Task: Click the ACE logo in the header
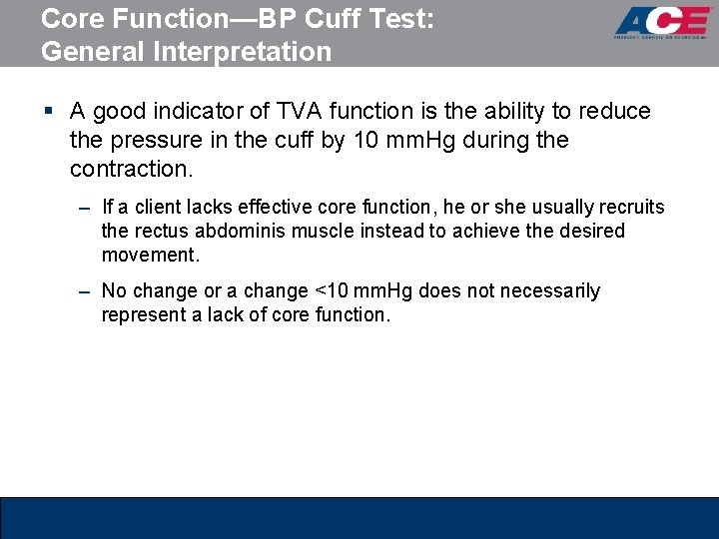662,22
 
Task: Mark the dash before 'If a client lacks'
86,208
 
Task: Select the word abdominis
240,231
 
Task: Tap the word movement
150,255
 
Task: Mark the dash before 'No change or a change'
86,291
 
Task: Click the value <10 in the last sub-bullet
330,290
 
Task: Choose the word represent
144,314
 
